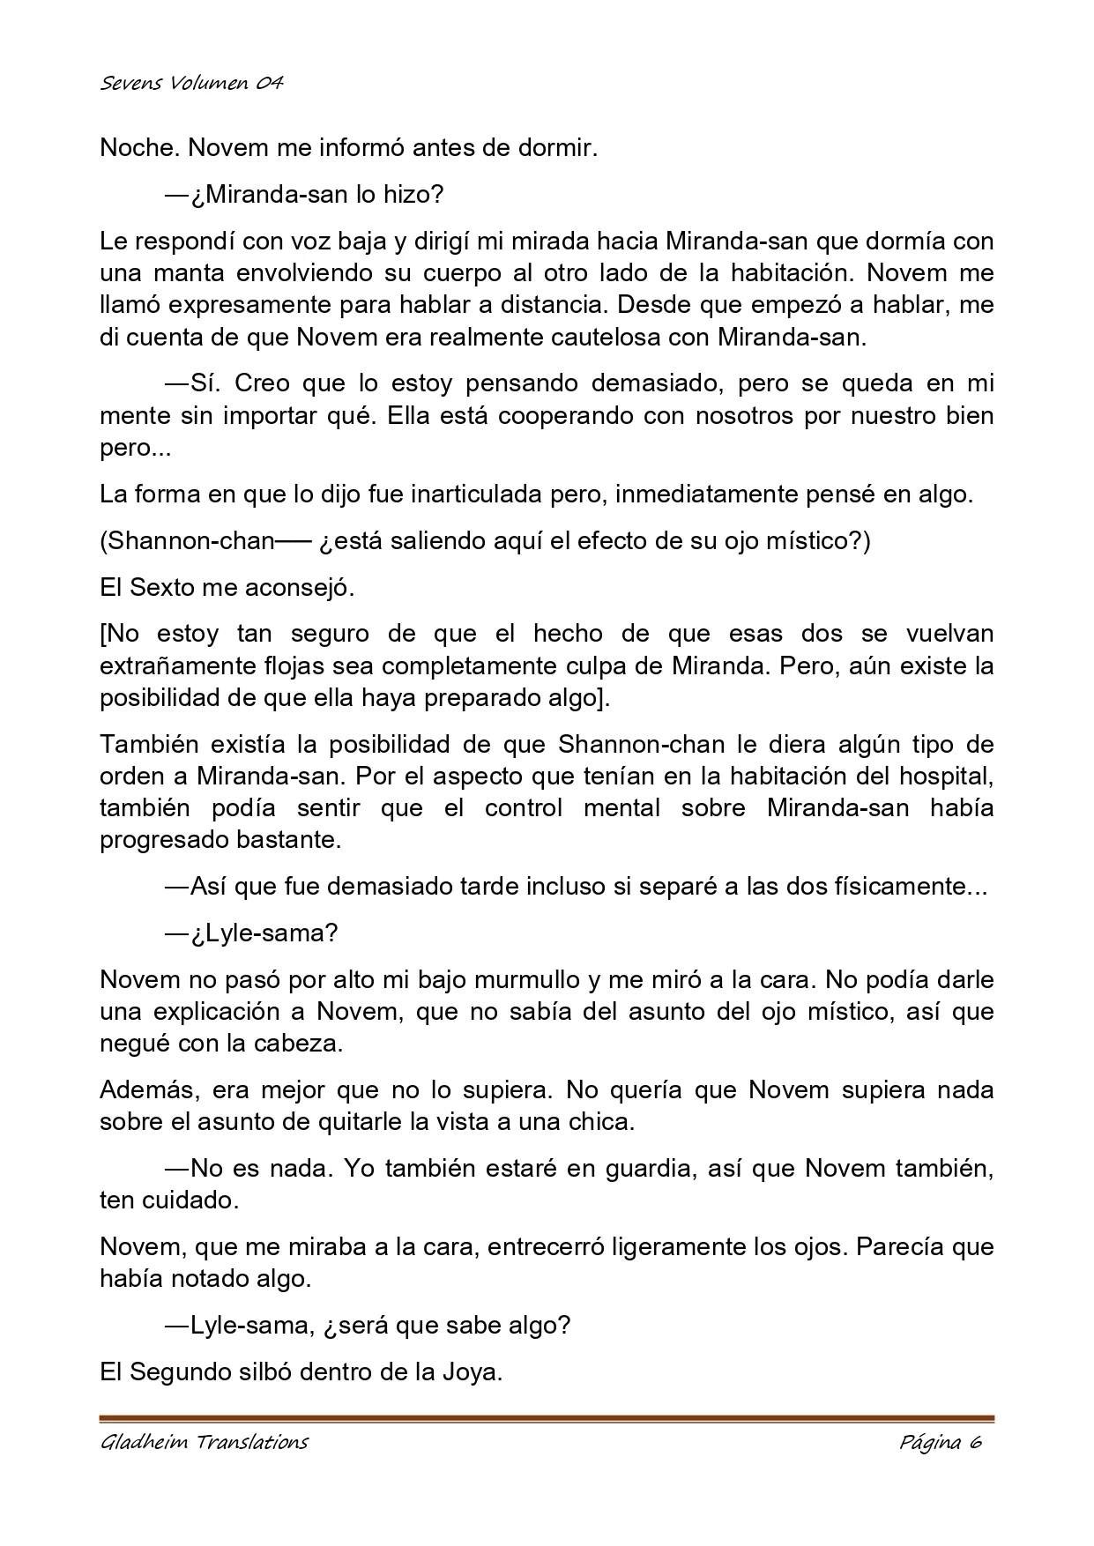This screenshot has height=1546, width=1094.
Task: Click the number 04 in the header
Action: [270, 84]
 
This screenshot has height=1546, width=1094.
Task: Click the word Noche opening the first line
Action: [129, 148]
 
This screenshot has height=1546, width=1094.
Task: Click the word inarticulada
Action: [477, 494]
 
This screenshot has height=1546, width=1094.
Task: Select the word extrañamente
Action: [181, 665]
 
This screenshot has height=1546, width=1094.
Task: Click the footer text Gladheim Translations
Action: [205, 1442]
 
